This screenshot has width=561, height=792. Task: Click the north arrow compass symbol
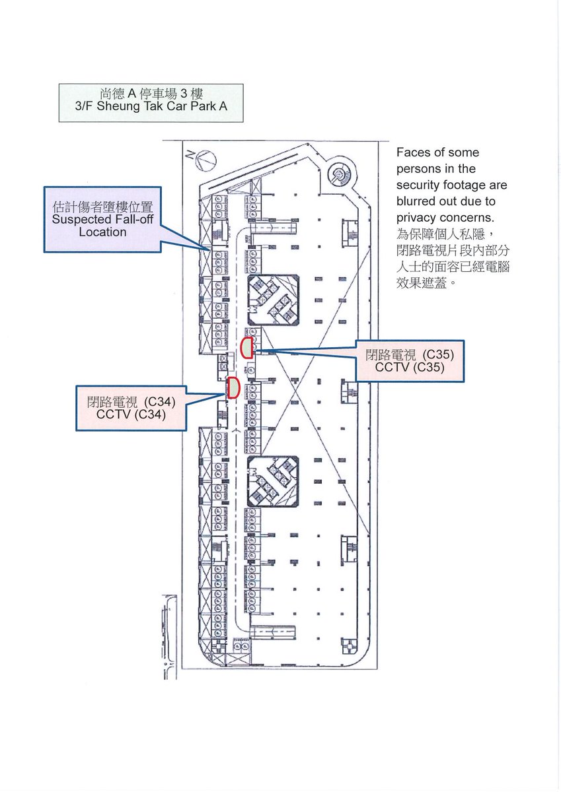tap(204, 158)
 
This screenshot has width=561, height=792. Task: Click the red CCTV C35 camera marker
tap(247, 347)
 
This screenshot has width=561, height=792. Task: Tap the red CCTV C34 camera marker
tap(233, 387)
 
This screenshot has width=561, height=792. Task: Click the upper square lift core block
tap(272, 301)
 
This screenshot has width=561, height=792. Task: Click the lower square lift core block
tap(272, 481)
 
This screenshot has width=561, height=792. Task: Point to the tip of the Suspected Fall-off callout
tap(210, 248)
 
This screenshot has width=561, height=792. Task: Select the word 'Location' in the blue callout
tap(102, 232)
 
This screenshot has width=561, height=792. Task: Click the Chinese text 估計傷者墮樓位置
tap(102, 206)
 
